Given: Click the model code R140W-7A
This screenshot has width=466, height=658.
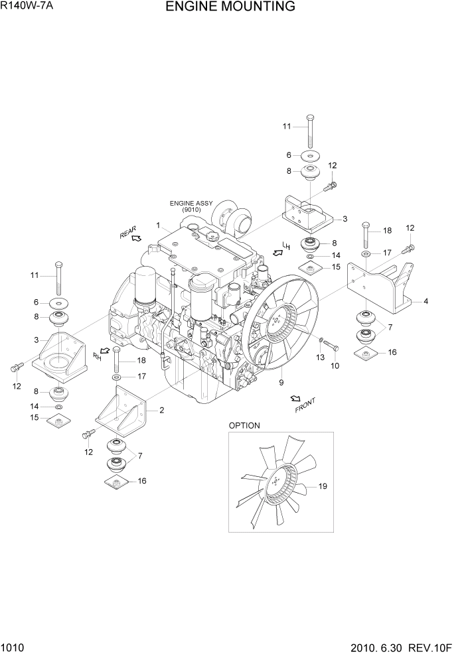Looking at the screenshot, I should pyautogui.click(x=30, y=7).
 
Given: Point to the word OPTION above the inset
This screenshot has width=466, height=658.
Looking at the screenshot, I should pyautogui.click(x=244, y=425).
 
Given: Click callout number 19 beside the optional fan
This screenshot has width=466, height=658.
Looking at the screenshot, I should pyautogui.click(x=323, y=487).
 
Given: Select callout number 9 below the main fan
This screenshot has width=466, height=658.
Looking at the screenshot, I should pyautogui.click(x=281, y=382).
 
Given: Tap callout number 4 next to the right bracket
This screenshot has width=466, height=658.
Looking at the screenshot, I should pyautogui.click(x=426, y=301).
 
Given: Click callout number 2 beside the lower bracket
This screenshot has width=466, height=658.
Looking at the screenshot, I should pyautogui.click(x=161, y=410).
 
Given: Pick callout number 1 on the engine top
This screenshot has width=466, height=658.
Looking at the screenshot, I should pyautogui.click(x=159, y=226).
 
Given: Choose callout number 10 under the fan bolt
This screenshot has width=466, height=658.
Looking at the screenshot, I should pyautogui.click(x=335, y=365).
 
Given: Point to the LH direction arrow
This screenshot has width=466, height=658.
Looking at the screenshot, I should pyautogui.click(x=277, y=253).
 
